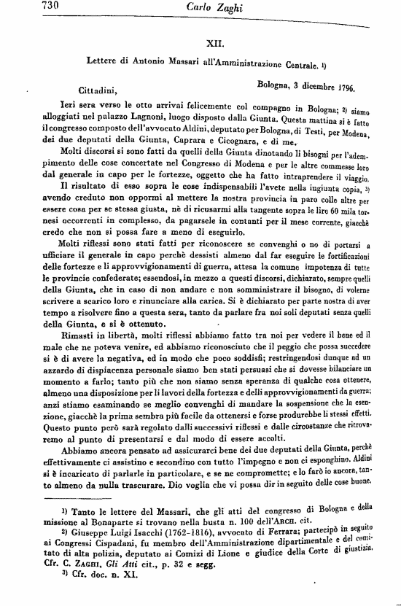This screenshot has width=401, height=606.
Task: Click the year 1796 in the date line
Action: click(340, 88)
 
